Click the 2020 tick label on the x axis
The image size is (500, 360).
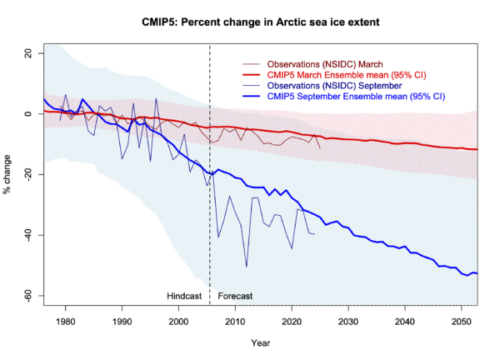point(292,320)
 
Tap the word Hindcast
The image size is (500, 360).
point(185,296)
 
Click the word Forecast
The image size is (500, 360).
point(235,296)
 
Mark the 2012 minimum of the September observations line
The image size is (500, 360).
point(247,267)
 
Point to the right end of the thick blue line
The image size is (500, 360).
point(477,273)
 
